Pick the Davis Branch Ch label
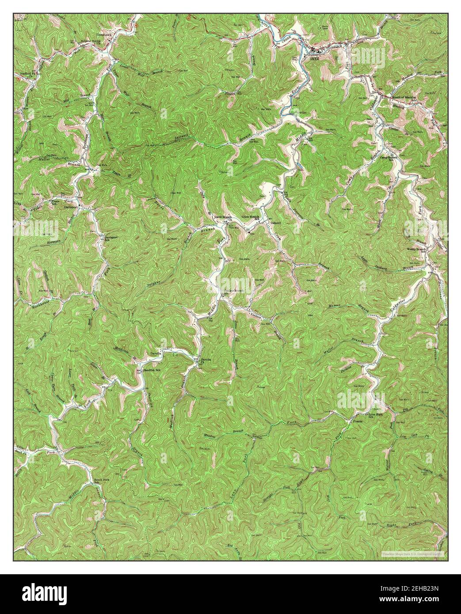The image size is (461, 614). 223,218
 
